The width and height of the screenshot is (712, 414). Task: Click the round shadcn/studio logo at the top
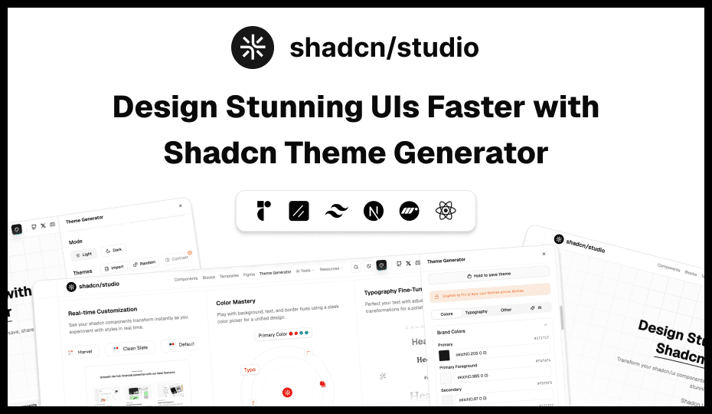253,48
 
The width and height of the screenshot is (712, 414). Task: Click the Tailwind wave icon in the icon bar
336,211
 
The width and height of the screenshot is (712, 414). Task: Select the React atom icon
446,211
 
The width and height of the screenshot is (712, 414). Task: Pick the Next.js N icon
373,211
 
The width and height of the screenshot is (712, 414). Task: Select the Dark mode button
114,250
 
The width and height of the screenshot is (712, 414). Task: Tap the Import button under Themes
114,268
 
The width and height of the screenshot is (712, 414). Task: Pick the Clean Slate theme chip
129,348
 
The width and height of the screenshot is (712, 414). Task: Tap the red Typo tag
250,370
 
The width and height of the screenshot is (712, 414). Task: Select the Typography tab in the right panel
476,312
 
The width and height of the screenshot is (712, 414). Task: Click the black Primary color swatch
445,356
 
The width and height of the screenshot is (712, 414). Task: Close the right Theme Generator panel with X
544,254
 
